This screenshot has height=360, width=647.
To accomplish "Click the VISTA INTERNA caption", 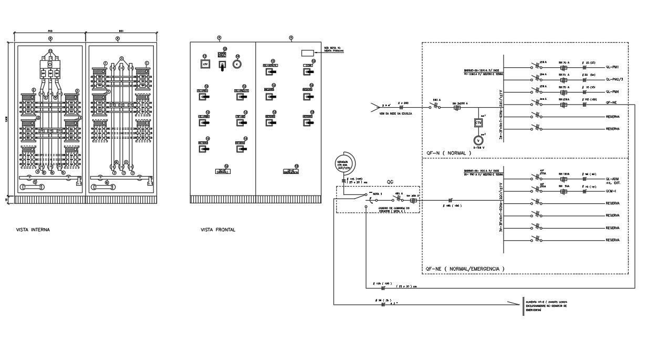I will tap(33, 230).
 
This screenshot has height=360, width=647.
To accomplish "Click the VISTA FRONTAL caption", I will tap(218, 230).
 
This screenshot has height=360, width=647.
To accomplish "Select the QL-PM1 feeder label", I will tap(613, 67).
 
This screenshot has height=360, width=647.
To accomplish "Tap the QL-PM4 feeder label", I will tap(613, 92).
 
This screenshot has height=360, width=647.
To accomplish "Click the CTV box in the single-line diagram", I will tap(478, 122).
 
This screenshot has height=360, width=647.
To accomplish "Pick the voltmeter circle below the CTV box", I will tap(478, 140).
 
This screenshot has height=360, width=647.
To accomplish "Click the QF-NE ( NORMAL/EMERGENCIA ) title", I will tap(464, 269).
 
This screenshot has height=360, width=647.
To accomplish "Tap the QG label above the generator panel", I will tap(390, 182).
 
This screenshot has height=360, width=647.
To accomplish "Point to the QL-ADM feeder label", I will tap(613, 179).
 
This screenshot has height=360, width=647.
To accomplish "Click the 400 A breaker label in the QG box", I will tap(398, 194).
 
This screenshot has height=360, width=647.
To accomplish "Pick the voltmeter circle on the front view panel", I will tap(237, 64).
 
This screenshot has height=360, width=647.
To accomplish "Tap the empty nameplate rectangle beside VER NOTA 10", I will tap(307, 53).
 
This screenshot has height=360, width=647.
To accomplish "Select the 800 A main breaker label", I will tap(435, 99).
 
